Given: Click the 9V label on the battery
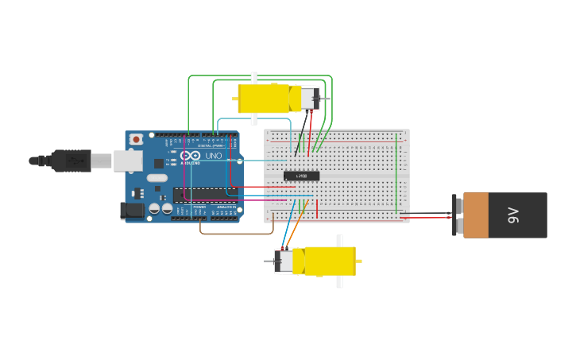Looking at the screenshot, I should pos(513,215).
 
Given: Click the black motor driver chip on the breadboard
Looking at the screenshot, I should pos(301,176).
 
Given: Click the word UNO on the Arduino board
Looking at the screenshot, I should pos(214,157).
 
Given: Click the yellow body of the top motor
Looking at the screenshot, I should pos(264,99).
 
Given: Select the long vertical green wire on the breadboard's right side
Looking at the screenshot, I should pos(396,173).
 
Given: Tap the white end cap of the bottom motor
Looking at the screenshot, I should pos(284,261).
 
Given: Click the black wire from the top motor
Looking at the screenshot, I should pos(299,143).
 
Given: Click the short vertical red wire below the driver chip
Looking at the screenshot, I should pos(317,209).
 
